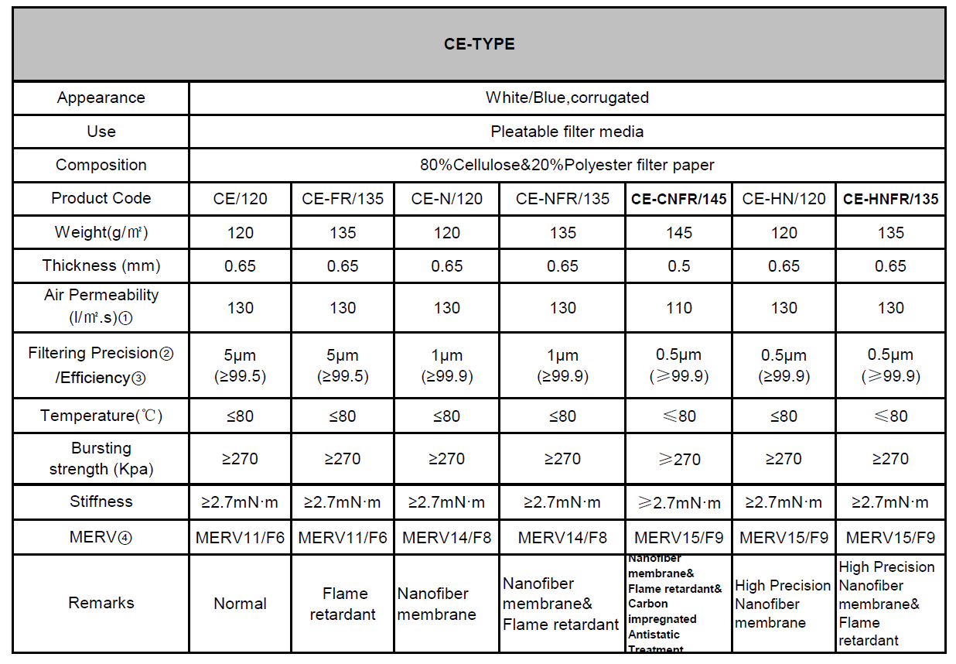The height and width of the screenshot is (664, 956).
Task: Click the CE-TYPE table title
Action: click(x=479, y=44)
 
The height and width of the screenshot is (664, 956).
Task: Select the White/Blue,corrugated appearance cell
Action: click(x=567, y=98)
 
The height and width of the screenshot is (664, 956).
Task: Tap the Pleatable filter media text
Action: click(x=567, y=132)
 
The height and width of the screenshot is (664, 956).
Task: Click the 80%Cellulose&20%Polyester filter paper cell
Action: click(x=567, y=165)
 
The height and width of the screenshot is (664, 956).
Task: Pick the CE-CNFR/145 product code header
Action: click(x=678, y=199)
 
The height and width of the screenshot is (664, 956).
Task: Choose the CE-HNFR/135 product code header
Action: click(x=890, y=199)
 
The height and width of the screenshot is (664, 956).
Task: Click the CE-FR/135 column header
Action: click(x=343, y=199)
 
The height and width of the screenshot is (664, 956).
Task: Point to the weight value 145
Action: click(x=678, y=232)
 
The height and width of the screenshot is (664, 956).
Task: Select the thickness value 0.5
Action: click(x=678, y=265)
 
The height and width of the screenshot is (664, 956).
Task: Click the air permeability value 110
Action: click(x=678, y=307)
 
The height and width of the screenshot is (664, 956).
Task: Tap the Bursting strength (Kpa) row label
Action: click(x=101, y=458)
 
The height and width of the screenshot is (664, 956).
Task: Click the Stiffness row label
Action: click(x=101, y=501)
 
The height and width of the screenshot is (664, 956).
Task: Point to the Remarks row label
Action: click(x=101, y=603)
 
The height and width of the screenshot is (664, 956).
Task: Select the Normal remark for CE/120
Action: click(x=240, y=604)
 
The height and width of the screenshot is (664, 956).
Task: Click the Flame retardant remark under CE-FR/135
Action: click(x=343, y=604)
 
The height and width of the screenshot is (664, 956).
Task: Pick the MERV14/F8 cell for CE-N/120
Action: click(x=446, y=537)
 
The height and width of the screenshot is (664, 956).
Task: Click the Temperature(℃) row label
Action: click(x=101, y=416)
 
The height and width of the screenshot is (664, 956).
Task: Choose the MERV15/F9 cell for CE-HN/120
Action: click(x=784, y=537)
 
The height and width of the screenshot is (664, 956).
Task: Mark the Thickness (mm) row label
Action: click(x=101, y=265)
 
